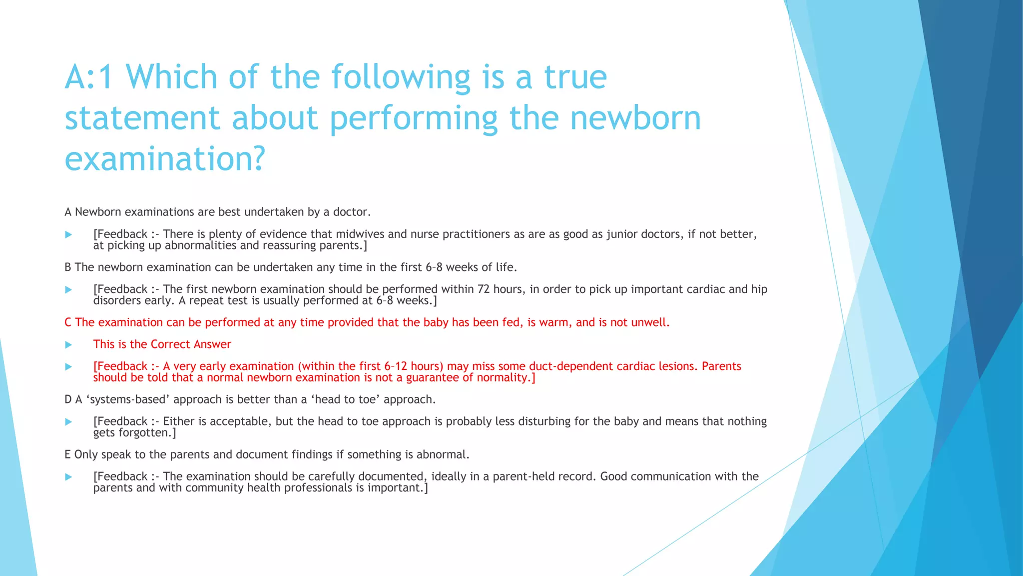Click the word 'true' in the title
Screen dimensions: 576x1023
[x=575, y=77]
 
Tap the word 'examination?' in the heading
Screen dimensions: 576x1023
[x=165, y=159]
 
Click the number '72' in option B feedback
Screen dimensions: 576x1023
[x=483, y=289]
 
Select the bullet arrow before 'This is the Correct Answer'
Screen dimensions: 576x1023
[x=68, y=344]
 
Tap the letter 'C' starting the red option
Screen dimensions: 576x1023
[x=68, y=322]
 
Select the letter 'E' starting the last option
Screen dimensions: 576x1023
[x=67, y=454]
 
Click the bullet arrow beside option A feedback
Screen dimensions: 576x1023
[x=68, y=234]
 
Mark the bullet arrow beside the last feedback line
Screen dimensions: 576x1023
[x=68, y=477]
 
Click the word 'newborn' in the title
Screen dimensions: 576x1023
[x=635, y=118]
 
